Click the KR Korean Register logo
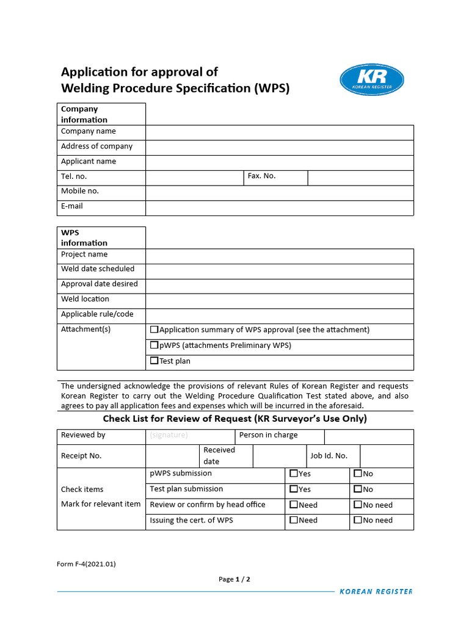pos(371,80)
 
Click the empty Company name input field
pos(279,132)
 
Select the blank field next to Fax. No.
pos(360,178)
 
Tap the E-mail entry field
pos(279,208)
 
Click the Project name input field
pos(279,256)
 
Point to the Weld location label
pos(85,299)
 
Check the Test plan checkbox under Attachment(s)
pos(155,361)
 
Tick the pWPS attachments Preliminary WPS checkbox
pos(155,345)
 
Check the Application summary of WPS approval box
pos(155,330)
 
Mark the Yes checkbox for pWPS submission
pos(294,474)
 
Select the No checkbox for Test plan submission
pos(358,490)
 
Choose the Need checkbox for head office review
pos(294,505)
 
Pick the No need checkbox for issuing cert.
pos(358,521)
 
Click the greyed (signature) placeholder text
pos(169,435)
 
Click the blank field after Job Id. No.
pos(387,456)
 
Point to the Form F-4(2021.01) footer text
pos(86,564)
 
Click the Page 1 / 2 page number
pos(234,579)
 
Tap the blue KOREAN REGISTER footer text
pos(376,591)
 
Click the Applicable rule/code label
pos(97,314)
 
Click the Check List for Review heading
pos(234,419)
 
